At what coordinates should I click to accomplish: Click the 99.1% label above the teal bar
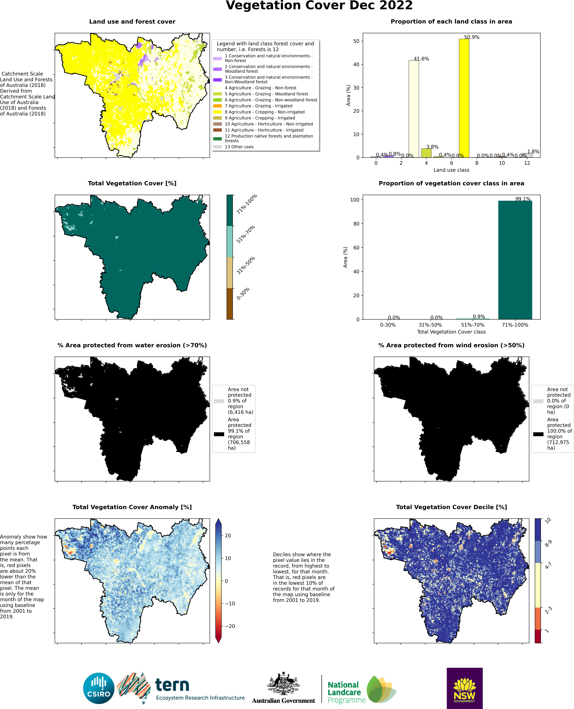(x=523, y=199)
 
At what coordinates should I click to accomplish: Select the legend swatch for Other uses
(x=218, y=147)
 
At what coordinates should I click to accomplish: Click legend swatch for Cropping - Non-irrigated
(x=218, y=112)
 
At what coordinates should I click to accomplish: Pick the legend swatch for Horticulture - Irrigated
(x=218, y=130)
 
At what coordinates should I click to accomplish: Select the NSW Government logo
(x=465, y=688)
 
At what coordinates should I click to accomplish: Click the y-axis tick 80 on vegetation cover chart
(x=355, y=224)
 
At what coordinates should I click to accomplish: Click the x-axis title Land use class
(x=451, y=170)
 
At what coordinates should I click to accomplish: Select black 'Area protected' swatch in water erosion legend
(x=219, y=434)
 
